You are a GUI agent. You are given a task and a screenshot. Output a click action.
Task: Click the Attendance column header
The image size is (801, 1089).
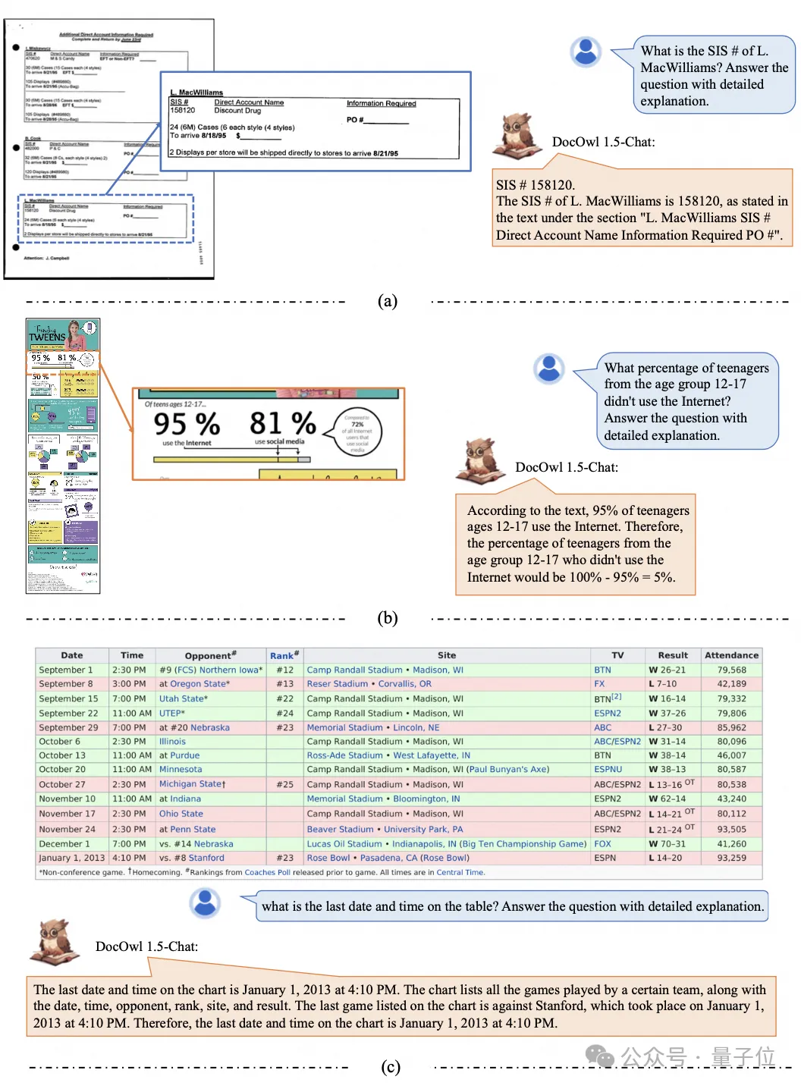coord(731,655)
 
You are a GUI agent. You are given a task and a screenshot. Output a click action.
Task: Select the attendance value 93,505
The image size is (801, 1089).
coord(731,829)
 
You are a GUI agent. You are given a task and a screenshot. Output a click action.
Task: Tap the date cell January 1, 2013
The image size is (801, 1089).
coord(72,858)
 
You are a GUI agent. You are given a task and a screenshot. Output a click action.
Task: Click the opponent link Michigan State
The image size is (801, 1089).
coord(190,784)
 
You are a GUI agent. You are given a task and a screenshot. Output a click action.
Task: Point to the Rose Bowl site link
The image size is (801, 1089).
coord(328,858)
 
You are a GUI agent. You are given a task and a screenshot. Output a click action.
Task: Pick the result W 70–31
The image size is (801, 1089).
coord(667,843)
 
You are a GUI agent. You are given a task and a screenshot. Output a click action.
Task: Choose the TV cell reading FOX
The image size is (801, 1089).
coord(602,843)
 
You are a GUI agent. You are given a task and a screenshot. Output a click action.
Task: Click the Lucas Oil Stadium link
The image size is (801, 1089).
coord(344,843)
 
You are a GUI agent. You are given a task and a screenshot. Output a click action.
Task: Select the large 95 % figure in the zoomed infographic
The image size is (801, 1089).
coord(187,423)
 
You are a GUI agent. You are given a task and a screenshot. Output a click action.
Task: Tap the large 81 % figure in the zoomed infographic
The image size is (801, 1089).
coord(282,422)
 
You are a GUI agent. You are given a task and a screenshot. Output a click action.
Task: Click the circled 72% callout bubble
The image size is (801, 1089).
coord(357,433)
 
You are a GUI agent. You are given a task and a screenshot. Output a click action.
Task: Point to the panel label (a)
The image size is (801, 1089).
coord(388,301)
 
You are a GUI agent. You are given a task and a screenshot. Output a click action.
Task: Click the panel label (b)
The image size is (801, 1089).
coord(388,617)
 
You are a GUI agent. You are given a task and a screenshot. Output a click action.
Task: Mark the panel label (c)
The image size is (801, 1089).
coord(390,1067)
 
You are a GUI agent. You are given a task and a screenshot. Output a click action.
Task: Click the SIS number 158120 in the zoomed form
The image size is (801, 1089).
coord(183,111)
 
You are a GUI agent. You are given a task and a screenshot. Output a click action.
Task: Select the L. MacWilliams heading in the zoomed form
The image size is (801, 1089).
coord(196,93)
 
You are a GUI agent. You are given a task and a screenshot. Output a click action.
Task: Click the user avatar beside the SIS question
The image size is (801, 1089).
coord(585,52)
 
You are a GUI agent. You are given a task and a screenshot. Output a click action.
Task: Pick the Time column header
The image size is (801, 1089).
coord(132,655)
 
